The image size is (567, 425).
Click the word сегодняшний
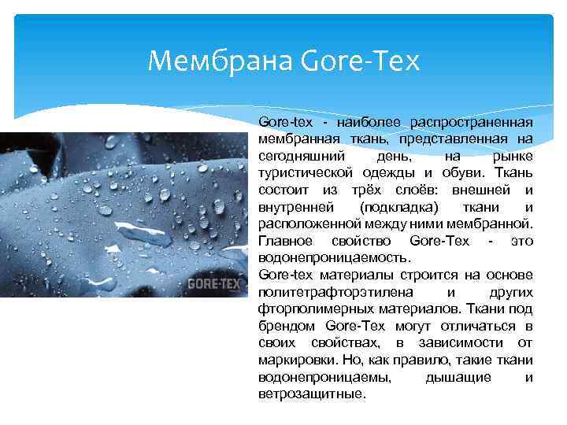(295, 156)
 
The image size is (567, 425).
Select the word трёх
(365, 190)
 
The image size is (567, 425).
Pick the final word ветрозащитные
(311, 394)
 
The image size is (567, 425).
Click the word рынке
(513, 156)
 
